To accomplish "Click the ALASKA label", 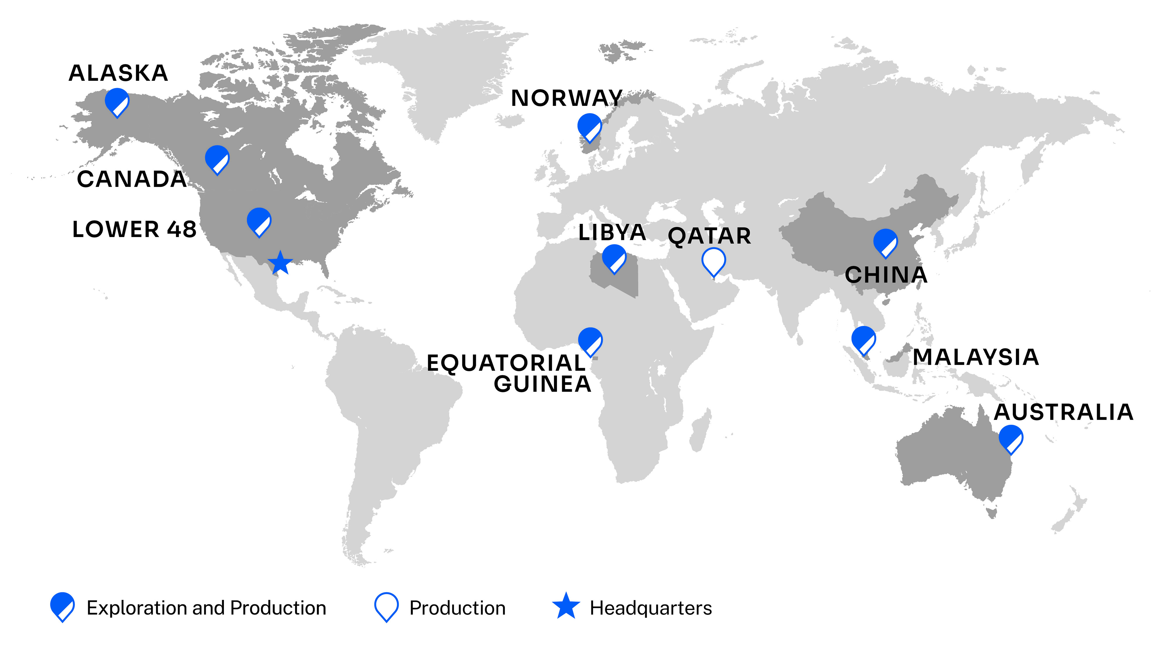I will pyautogui.click(x=118, y=73).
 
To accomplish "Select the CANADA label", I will pyautogui.click(x=131, y=179).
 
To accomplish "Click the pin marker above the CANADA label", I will pyautogui.click(x=217, y=159).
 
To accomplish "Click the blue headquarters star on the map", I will pyautogui.click(x=280, y=263).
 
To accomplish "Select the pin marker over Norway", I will pyautogui.click(x=589, y=127).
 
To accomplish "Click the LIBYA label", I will pyautogui.click(x=612, y=233).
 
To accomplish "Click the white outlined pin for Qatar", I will pyautogui.click(x=714, y=261).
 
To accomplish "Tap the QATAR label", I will pyautogui.click(x=709, y=236).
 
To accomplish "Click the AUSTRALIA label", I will pyautogui.click(x=1063, y=412).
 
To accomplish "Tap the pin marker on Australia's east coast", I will pyautogui.click(x=1011, y=439).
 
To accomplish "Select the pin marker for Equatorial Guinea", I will pyautogui.click(x=590, y=341).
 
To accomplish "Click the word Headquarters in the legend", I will pyautogui.click(x=651, y=608).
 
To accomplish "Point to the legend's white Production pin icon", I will pyautogui.click(x=386, y=607).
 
